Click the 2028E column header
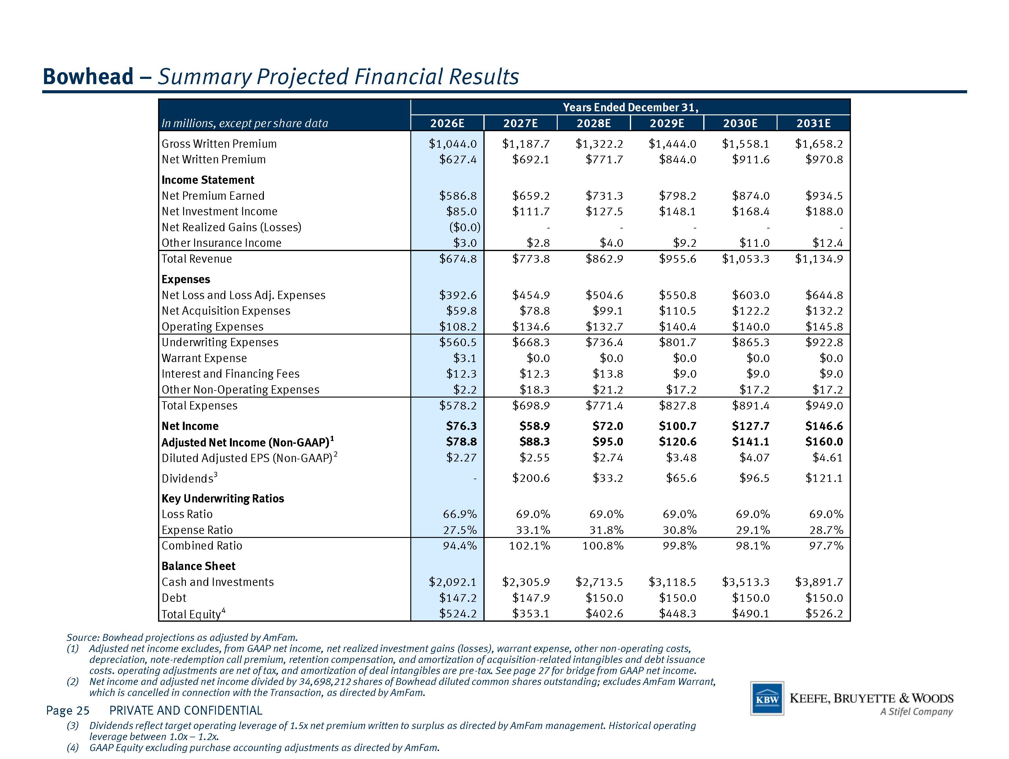(593, 123)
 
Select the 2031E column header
(813, 123)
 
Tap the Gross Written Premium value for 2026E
(453, 144)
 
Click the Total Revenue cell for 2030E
(745, 259)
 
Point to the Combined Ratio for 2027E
(530, 546)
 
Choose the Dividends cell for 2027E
(531, 478)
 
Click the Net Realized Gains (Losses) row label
(231, 227)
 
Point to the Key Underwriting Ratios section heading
(223, 498)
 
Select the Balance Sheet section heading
(198, 566)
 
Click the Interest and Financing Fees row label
(230, 374)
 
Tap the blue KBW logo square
(767, 698)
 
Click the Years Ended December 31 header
(630, 108)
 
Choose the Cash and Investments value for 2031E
(819, 582)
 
